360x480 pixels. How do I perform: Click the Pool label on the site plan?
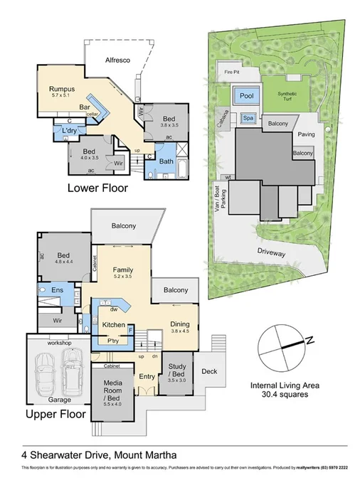tap(246, 95)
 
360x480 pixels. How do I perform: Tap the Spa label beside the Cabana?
tap(248, 118)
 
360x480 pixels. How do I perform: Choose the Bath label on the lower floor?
tap(166, 161)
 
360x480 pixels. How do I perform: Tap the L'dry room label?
tap(70, 132)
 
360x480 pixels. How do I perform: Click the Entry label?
tap(147, 376)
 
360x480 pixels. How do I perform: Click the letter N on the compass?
tap(309, 342)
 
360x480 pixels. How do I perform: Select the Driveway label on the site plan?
tap(270, 251)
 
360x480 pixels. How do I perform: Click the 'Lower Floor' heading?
tap(98, 188)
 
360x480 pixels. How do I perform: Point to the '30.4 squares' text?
tap(284, 395)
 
